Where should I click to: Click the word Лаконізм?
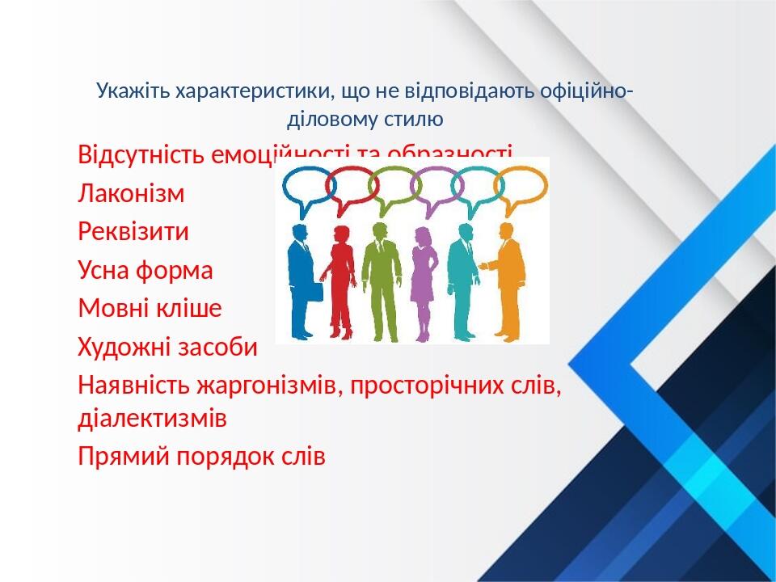tap(131, 194)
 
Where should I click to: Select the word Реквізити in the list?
tap(133, 232)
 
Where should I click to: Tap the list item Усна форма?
tap(145, 270)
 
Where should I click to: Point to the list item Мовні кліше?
tap(150, 308)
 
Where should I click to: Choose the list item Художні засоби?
tap(167, 348)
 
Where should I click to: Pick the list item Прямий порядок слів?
tap(201, 457)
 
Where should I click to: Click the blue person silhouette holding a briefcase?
tap(302, 279)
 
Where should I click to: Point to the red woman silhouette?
tap(341, 279)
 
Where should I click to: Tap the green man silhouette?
tap(377, 279)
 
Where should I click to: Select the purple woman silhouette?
tap(423, 279)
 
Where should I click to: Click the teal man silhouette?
tap(463, 279)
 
